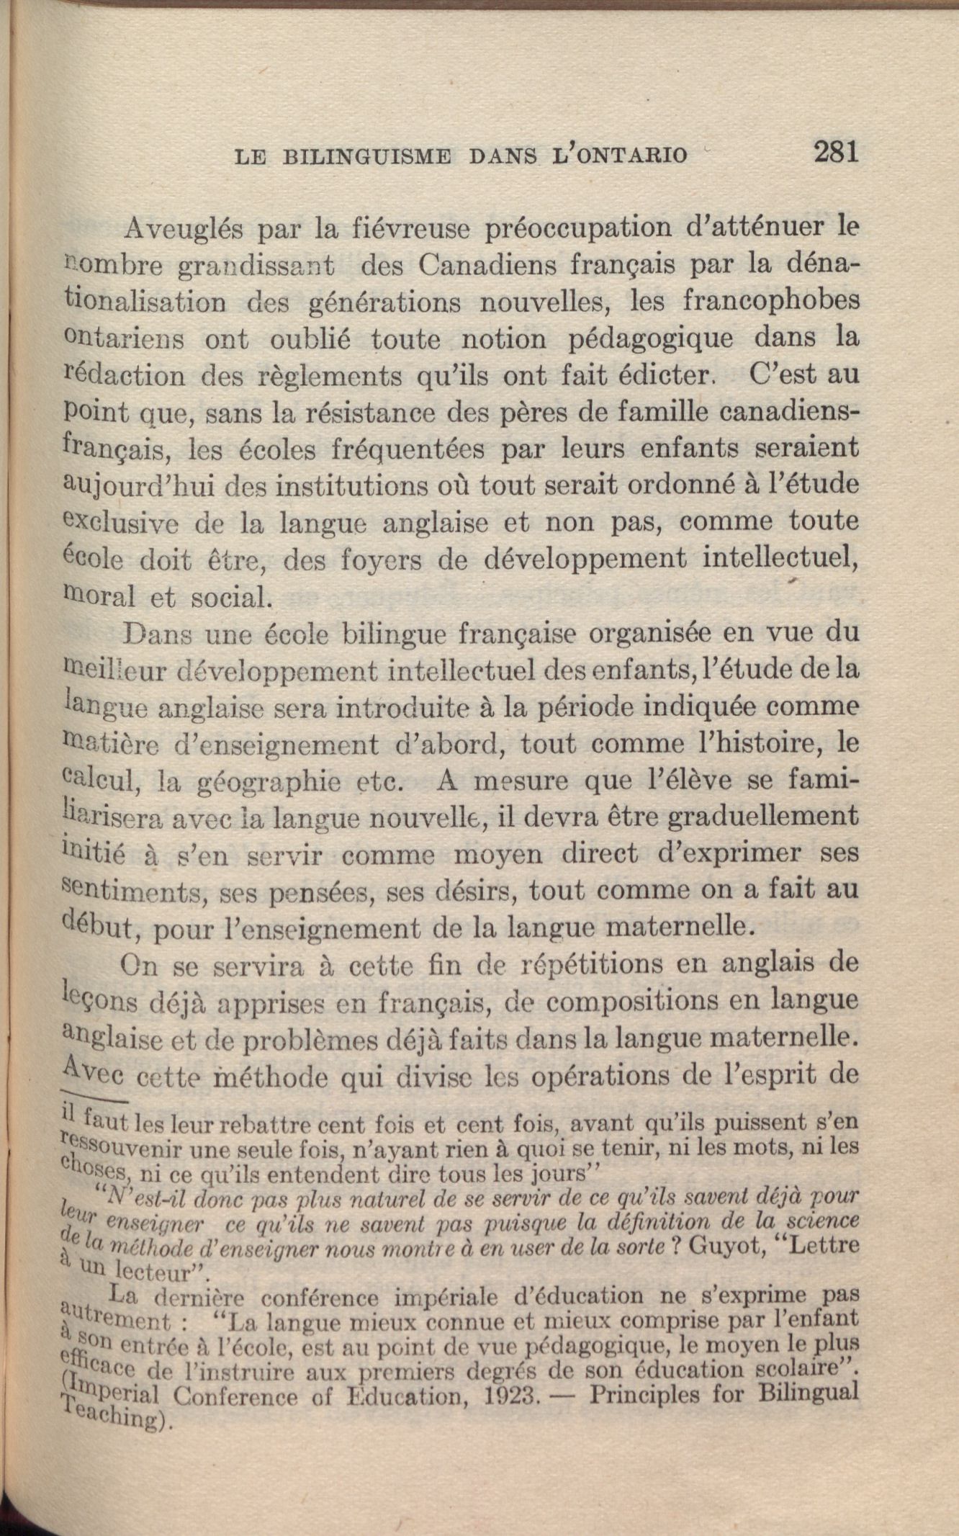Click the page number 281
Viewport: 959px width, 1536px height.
point(836,152)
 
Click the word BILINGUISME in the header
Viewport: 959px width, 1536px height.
point(367,156)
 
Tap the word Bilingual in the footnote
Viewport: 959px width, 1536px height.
point(809,1393)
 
